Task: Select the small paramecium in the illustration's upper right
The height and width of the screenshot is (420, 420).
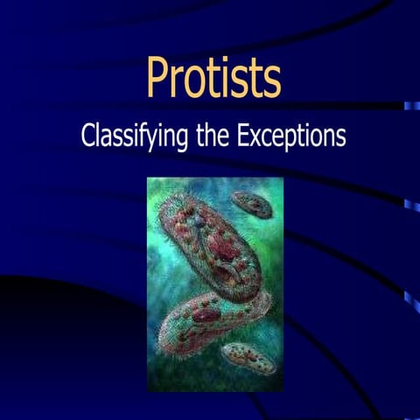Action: tap(254, 204)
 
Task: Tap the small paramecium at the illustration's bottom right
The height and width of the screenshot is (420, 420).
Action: tap(249, 357)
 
